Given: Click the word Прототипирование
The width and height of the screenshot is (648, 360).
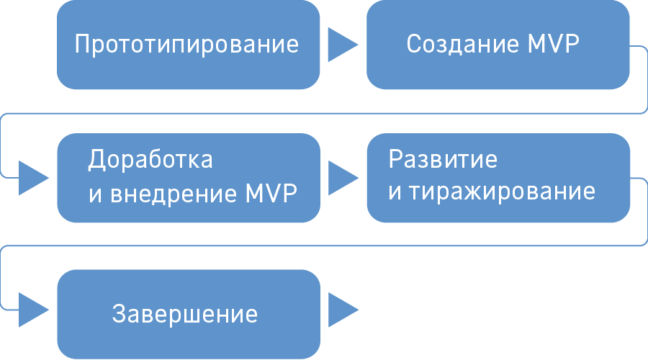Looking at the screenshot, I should (186, 45).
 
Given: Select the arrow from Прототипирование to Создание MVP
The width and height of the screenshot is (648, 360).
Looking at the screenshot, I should (341, 45).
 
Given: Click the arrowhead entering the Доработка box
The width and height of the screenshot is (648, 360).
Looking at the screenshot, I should (32, 177).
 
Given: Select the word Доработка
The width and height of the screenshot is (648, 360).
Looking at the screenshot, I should (150, 159).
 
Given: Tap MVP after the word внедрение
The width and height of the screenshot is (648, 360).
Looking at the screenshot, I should (271, 194).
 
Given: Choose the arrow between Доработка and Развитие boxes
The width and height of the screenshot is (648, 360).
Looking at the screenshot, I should (341, 177).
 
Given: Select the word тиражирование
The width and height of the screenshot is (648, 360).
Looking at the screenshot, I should (501, 192).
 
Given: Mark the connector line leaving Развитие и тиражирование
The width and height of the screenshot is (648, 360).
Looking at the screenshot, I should (643, 212).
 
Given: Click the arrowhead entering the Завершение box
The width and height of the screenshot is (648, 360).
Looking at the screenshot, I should (32, 310).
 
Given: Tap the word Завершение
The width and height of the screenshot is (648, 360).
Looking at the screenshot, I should (185, 315).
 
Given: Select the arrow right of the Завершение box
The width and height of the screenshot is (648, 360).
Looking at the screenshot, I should (341, 310).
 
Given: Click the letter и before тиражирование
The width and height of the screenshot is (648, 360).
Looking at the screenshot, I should (394, 193).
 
